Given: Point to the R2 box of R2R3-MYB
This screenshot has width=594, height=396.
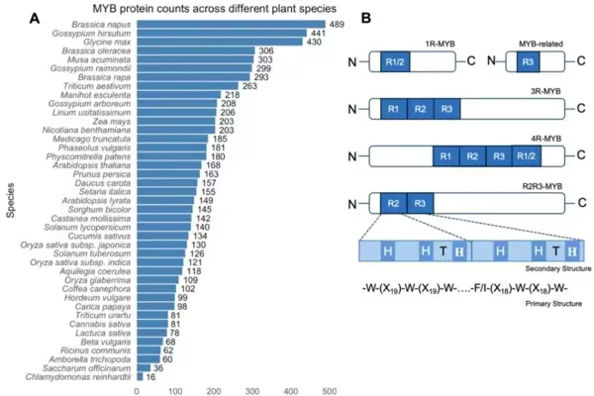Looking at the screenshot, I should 393,205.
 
